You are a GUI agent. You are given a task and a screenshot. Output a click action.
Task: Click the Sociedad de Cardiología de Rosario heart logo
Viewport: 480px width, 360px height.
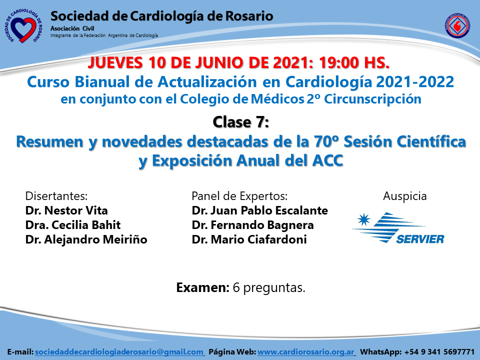(x=23, y=26)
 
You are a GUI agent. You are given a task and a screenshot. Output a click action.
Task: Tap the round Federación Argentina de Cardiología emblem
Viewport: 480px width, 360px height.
(x=457, y=25)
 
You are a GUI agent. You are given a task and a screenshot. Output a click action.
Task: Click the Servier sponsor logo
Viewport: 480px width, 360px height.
(x=398, y=228)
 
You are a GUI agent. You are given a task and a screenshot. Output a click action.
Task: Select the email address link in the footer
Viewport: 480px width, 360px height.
(x=119, y=352)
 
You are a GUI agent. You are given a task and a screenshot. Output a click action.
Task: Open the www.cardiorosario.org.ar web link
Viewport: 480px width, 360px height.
(x=306, y=352)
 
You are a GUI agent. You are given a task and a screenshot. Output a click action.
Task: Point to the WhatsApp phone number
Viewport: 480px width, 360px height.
(x=439, y=352)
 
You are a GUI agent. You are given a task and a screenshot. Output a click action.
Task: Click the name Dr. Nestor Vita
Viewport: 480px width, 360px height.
(x=66, y=210)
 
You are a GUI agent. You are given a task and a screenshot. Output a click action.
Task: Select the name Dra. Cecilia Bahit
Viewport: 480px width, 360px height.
(x=73, y=225)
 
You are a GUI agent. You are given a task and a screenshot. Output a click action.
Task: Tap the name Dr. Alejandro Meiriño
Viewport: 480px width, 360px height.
(x=86, y=239)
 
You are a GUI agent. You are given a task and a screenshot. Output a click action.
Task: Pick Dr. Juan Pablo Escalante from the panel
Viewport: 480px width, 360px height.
(x=259, y=210)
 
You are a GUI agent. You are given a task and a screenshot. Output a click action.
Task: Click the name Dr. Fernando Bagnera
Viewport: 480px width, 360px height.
(x=252, y=225)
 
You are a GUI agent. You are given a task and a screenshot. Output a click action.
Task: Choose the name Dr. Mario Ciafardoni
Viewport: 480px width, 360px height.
(x=249, y=239)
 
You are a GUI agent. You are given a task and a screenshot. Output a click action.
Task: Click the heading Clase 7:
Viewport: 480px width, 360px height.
(x=240, y=122)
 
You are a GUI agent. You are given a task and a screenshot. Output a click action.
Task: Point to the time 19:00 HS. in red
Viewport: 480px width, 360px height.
(x=354, y=62)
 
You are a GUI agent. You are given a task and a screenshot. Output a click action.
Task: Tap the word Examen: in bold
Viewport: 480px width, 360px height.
(x=202, y=287)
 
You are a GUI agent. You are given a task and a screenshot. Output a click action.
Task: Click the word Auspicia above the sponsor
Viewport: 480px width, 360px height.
(x=404, y=196)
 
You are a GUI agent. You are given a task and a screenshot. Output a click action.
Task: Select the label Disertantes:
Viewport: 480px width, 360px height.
(x=56, y=196)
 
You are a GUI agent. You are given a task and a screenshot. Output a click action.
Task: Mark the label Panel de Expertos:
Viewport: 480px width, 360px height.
(x=239, y=196)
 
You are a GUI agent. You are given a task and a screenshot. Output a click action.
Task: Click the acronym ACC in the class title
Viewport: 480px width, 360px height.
(x=327, y=160)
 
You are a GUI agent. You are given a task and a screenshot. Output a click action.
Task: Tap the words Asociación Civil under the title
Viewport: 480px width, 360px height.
(x=72, y=28)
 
